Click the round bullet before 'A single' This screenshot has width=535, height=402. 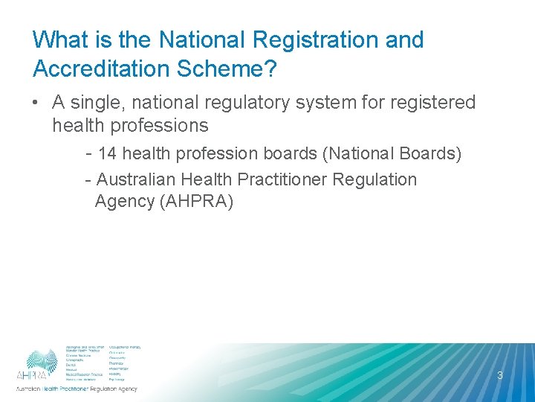click(x=37, y=103)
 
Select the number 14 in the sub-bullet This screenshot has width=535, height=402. click(x=107, y=154)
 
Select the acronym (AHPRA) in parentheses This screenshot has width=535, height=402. click(x=196, y=201)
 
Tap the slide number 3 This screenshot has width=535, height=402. click(x=500, y=375)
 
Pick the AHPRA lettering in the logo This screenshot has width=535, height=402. click(x=32, y=375)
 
